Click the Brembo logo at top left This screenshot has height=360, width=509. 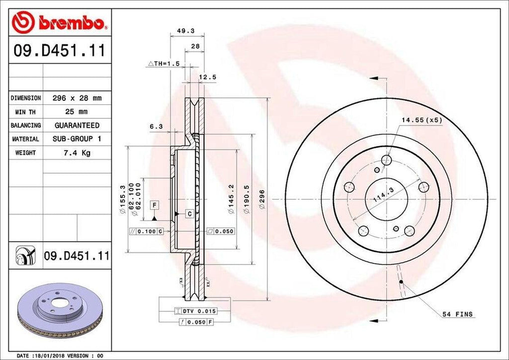point(60,23)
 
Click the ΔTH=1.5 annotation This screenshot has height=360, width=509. point(164,64)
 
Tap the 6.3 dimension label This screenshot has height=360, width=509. point(156,127)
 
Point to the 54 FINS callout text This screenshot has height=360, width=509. point(457,314)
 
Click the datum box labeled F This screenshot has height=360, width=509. point(155,205)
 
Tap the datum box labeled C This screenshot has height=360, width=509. point(189,213)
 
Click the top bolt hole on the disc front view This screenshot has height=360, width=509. point(387,160)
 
